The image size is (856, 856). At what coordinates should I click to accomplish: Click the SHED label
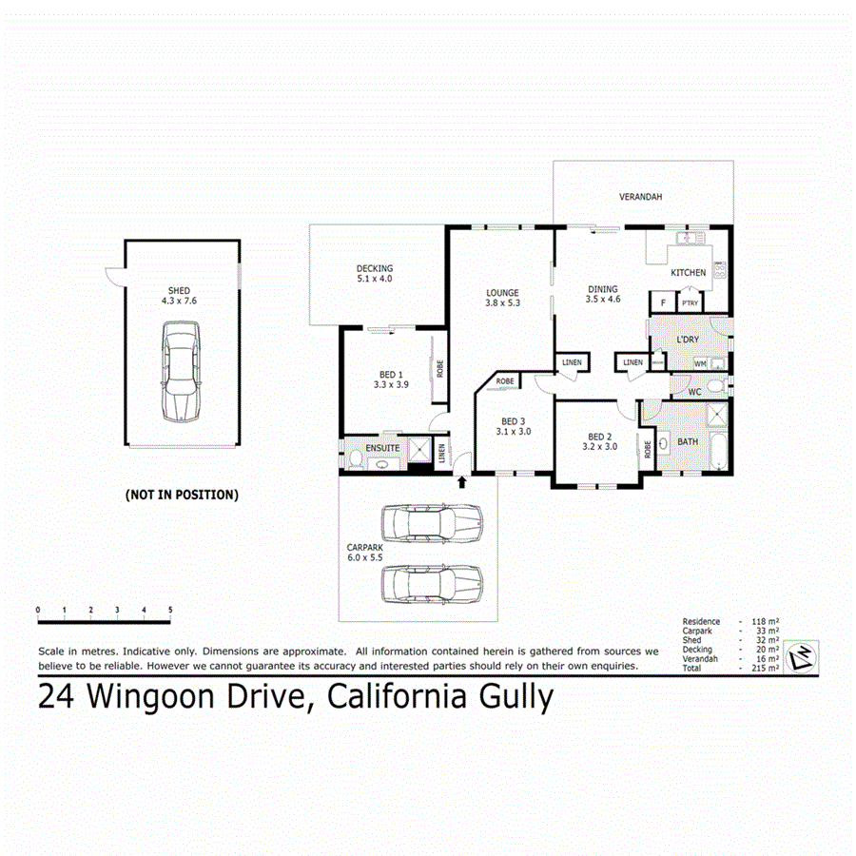coord(179,290)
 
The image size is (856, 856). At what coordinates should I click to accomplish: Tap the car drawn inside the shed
coord(181,371)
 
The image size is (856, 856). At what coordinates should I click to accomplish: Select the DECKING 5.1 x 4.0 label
coord(374,273)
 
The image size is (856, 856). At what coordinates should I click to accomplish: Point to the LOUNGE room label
coord(501,292)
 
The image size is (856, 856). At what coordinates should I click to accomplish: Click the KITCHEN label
coord(689,273)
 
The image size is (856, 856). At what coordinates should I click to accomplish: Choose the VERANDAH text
coord(640,197)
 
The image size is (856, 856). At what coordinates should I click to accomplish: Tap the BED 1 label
coord(389,374)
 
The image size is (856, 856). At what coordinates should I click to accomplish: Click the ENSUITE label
coord(383,447)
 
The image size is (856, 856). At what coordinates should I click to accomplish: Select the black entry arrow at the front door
coord(462,481)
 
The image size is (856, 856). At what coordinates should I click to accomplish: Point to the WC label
coord(693,391)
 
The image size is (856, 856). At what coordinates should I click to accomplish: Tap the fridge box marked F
coord(662,303)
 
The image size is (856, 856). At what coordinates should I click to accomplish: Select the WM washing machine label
coord(699,363)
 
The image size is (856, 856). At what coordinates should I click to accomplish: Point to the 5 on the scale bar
coord(170,609)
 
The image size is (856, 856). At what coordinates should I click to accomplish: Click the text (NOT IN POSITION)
coord(182,495)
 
